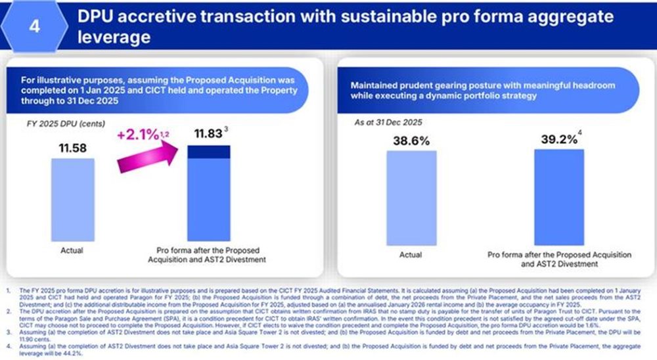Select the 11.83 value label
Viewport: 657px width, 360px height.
point(208,135)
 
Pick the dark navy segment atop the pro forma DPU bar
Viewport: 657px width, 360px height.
point(208,152)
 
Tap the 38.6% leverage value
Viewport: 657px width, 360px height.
point(411,141)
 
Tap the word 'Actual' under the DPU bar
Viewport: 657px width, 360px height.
point(72,250)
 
